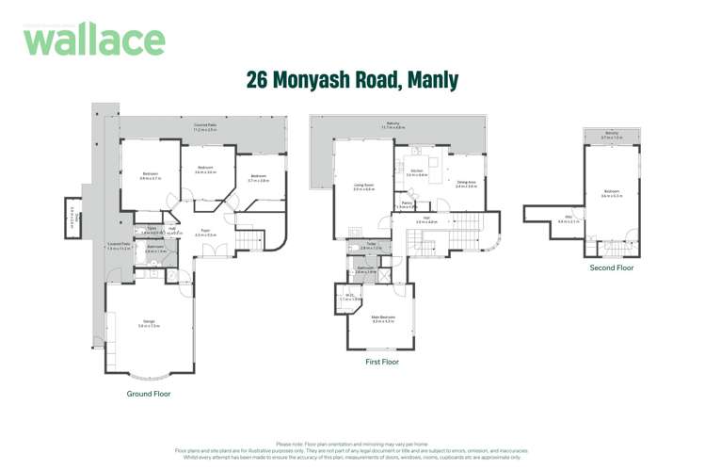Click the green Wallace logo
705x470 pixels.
(x=94, y=40)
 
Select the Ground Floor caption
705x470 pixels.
(x=149, y=394)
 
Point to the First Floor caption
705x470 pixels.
(x=381, y=362)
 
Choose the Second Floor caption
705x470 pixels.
(x=612, y=267)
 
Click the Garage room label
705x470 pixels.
(x=149, y=323)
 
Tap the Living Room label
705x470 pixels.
(x=363, y=186)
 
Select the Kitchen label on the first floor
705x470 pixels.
(x=416, y=172)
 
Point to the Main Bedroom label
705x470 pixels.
(x=381, y=317)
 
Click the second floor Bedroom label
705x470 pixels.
(x=612, y=193)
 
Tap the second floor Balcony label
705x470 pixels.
(x=612, y=134)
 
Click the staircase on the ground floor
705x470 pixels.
(x=247, y=243)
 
